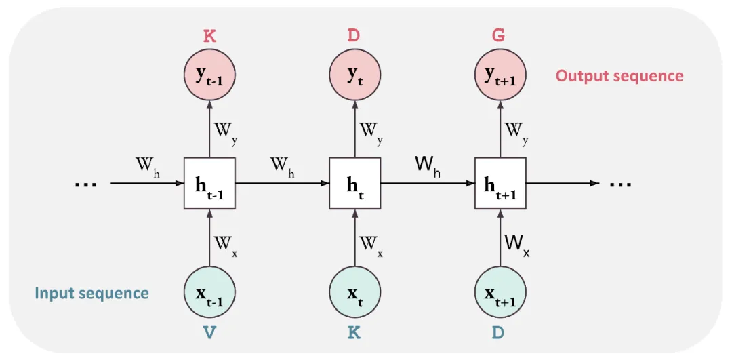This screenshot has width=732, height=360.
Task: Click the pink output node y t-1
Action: pyautogui.click(x=209, y=76)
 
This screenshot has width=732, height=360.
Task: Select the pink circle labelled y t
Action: pyautogui.click(x=354, y=76)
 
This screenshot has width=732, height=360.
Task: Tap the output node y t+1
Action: pyautogui.click(x=500, y=76)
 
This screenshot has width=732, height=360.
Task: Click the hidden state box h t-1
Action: pyautogui.click(x=209, y=183)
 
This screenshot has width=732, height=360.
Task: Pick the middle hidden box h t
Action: pyautogui.click(x=354, y=183)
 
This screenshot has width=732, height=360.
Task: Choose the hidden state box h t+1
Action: pyautogui.click(x=500, y=183)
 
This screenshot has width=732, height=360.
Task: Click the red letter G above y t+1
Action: pyautogui.click(x=499, y=35)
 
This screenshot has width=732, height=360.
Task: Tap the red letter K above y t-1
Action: pyautogui.click(x=210, y=35)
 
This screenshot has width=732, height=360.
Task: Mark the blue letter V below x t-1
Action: pyautogui.click(x=210, y=332)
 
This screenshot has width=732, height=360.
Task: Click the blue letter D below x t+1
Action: pyautogui.click(x=499, y=332)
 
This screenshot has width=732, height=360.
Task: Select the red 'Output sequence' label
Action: pyautogui.click(x=619, y=76)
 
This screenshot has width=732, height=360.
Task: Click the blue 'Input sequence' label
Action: pyautogui.click(x=91, y=294)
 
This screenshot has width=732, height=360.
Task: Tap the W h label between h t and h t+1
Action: pyautogui.click(x=428, y=167)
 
